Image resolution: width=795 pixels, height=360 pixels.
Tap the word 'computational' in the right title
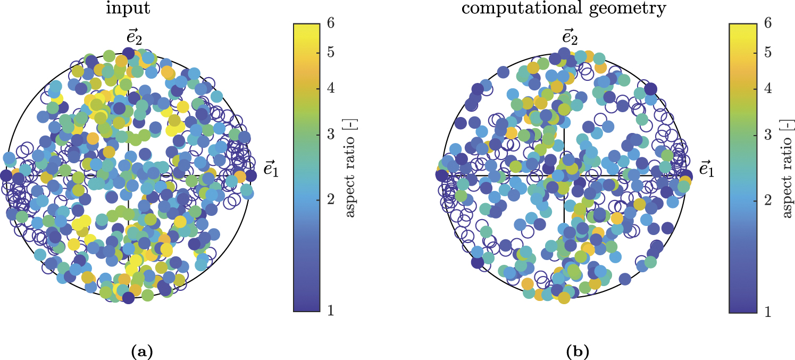(523, 10)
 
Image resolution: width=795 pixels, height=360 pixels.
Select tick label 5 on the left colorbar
(330, 53)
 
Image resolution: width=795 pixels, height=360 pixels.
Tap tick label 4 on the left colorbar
(330, 89)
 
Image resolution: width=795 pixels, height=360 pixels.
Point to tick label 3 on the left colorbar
(330, 135)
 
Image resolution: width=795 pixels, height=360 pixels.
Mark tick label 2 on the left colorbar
(330, 199)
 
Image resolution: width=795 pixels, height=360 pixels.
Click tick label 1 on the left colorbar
(330, 311)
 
